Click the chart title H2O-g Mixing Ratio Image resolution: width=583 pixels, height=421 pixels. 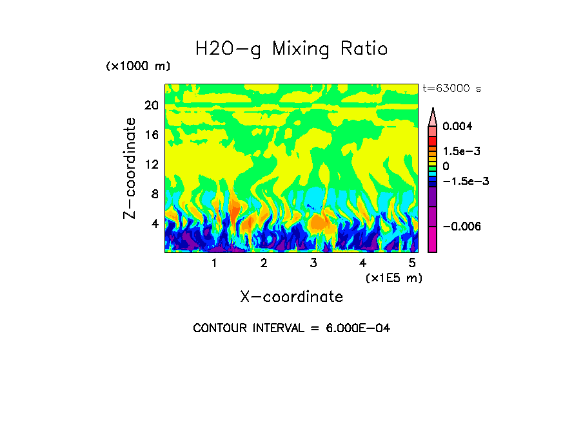click(x=291, y=49)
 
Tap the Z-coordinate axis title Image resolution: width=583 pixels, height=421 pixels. click(x=130, y=168)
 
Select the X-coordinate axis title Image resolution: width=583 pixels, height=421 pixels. click(x=291, y=297)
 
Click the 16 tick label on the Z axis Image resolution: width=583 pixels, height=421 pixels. click(x=152, y=135)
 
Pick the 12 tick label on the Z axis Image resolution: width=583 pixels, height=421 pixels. click(x=152, y=164)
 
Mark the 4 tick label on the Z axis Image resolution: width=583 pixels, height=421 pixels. click(x=155, y=223)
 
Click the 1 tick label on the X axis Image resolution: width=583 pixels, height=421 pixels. click(x=214, y=263)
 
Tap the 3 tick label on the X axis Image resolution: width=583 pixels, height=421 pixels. click(x=313, y=263)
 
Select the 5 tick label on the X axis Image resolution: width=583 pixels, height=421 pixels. click(x=412, y=263)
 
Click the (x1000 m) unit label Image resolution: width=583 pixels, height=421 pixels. click(x=137, y=67)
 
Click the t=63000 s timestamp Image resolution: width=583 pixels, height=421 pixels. click(x=451, y=89)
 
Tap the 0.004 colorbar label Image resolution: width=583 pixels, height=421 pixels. click(x=457, y=126)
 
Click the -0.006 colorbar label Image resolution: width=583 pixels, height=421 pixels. click(x=463, y=226)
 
